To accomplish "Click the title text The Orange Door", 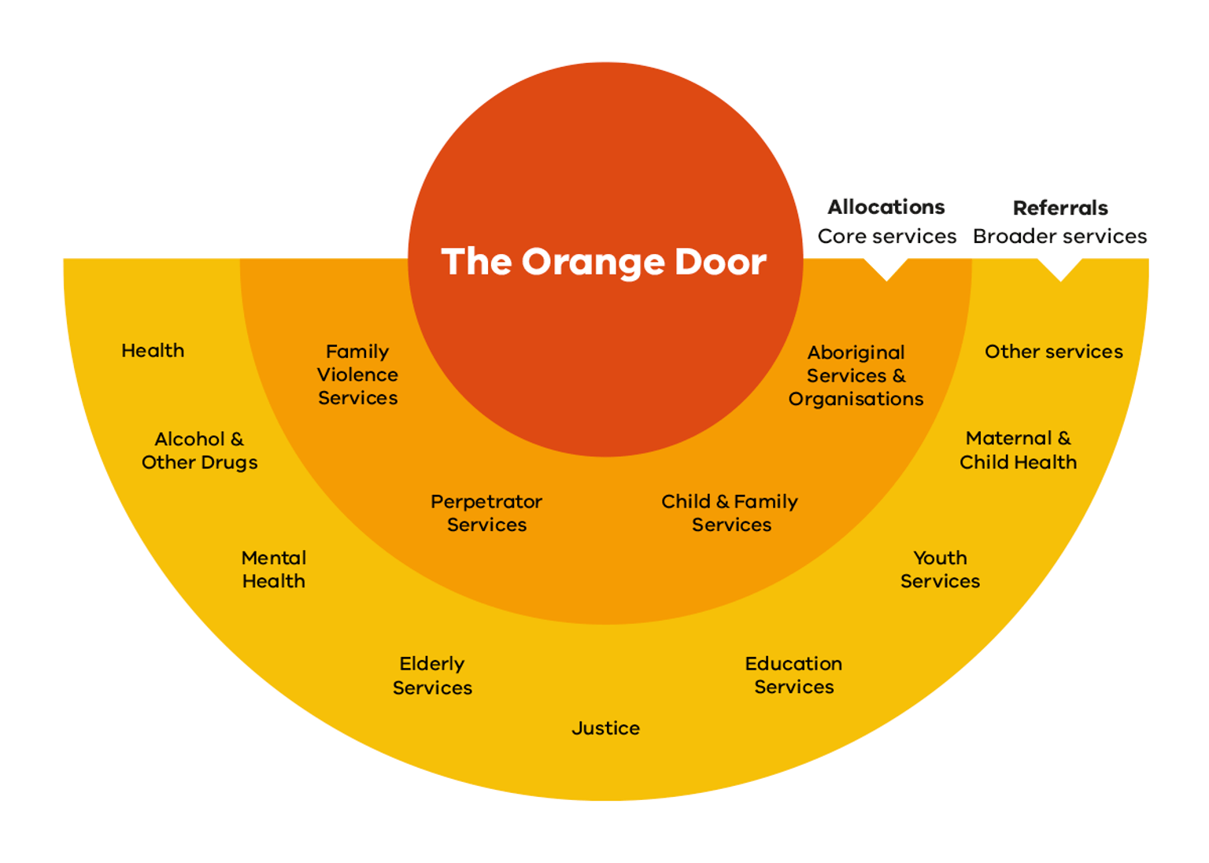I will tap(604, 262).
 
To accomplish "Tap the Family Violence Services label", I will tap(357, 374).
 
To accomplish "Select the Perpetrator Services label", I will tap(486, 513).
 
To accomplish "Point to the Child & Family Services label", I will tap(730, 513).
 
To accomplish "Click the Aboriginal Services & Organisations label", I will tap(856, 375).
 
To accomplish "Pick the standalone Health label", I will tap(153, 351).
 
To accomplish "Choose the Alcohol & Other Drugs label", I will tap(199, 450).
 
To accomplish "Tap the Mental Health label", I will tap(273, 569).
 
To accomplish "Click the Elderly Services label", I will tap(432, 675).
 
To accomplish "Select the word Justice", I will tap(605, 728).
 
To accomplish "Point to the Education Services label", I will tap(793, 675).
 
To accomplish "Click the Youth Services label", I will tap(940, 569).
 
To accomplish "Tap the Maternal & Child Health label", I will tap(1018, 450).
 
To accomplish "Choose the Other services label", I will tap(1053, 352).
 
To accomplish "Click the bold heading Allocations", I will tap(886, 208).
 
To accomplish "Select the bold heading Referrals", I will tap(1059, 208).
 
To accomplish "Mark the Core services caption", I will tap(886, 236).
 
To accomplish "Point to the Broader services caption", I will tap(1059, 236).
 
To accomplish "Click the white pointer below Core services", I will tap(886, 269).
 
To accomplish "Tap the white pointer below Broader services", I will tap(1059, 269).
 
